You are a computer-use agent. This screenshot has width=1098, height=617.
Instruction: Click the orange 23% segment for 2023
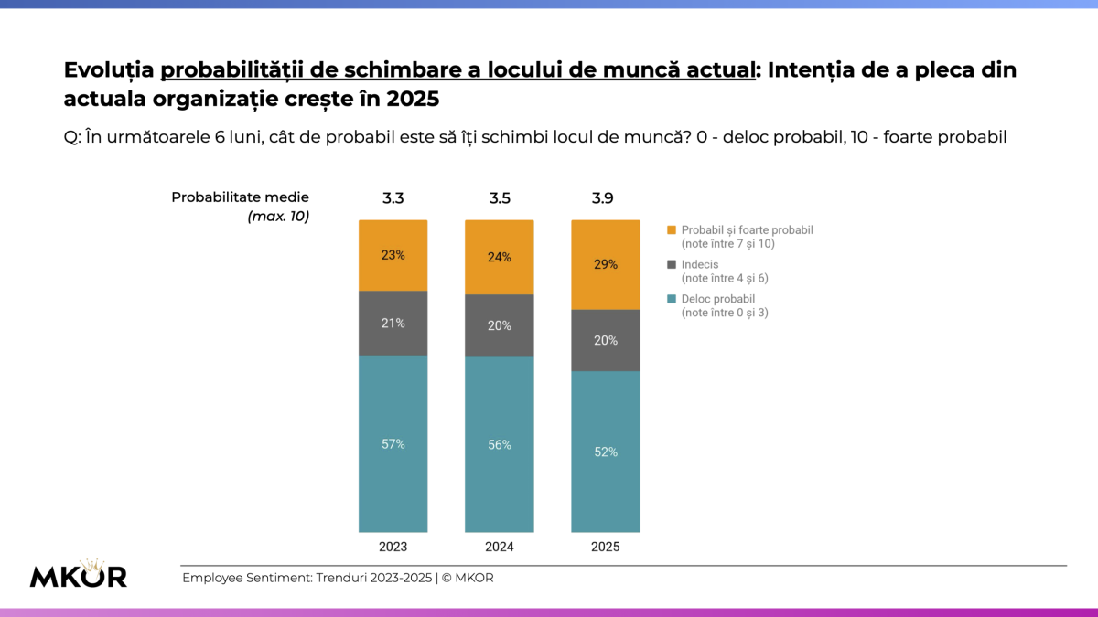[393, 255]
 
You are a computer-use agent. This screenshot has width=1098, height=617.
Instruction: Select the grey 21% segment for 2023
[393, 323]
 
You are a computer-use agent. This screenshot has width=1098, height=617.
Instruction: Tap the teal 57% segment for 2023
[393, 443]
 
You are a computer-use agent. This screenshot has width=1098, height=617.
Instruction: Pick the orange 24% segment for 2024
[499, 257]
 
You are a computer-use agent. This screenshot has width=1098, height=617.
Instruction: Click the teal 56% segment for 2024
[499, 444]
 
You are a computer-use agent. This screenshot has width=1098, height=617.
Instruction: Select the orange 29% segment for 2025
[605, 264]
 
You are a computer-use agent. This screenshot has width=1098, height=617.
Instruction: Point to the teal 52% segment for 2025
[605, 452]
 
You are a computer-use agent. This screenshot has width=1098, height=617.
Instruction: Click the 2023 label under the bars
[393, 547]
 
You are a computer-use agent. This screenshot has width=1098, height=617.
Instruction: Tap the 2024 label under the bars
[499, 547]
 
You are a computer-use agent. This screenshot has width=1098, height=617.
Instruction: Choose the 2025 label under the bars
[605, 547]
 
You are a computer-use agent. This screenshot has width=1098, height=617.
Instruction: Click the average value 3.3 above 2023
[393, 197]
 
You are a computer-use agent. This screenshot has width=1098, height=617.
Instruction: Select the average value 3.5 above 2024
[499, 197]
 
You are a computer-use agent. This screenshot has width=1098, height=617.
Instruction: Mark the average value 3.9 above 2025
[605, 197]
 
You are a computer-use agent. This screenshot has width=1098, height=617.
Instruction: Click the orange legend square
[673, 230]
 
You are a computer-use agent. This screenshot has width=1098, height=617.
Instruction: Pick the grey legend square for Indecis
[673, 264]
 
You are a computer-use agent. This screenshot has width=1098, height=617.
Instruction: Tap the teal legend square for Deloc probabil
[673, 299]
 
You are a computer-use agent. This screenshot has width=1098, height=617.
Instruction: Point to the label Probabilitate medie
[240, 197]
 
